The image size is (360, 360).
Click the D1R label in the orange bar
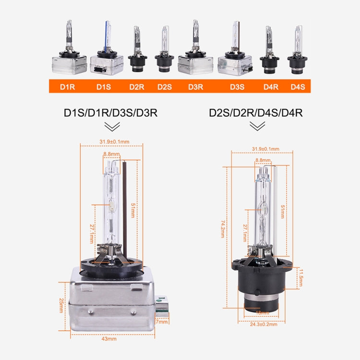coord(68,87)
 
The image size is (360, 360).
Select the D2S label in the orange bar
coord(164,87)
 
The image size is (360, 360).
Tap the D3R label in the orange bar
coord(195,87)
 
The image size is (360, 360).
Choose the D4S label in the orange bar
coord(298,87)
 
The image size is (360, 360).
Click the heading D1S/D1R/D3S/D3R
coord(111,113)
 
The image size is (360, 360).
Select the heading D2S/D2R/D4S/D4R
coord(255,113)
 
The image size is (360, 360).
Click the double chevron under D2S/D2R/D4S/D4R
coord(257,126)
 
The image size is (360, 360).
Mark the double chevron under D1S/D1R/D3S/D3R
coord(112,126)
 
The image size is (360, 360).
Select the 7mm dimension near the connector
coord(162,321)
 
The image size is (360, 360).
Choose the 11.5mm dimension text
coord(301,277)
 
